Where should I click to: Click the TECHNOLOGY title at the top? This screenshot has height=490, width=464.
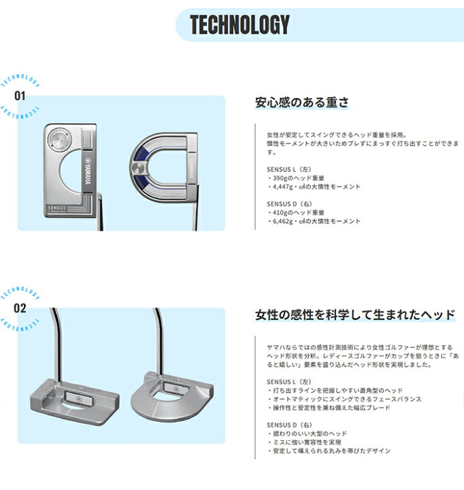(239, 24)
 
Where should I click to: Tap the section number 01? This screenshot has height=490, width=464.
(20, 96)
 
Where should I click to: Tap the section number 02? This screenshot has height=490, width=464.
(20, 308)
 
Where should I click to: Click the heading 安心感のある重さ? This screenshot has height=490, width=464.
(301, 103)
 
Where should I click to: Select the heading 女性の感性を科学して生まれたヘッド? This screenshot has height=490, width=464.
(355, 314)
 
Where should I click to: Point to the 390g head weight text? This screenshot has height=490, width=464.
(296, 178)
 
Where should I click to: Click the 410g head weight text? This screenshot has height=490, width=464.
(296, 212)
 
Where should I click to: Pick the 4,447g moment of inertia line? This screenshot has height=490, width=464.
(314, 187)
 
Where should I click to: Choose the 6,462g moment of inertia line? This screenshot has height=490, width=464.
(314, 221)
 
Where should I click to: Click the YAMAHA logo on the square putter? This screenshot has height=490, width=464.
(88, 172)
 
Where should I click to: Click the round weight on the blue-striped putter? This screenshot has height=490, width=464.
(137, 169)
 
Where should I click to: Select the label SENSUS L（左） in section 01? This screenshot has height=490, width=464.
(289, 169)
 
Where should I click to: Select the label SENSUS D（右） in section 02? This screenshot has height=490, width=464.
(289, 425)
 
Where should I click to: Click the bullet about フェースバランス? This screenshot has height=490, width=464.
(344, 399)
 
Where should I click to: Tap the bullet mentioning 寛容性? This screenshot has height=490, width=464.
(304, 442)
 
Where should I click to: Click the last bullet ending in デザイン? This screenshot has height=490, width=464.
(329, 451)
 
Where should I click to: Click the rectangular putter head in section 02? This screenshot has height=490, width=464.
(75, 401)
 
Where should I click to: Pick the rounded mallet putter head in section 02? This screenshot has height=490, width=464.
(172, 396)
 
